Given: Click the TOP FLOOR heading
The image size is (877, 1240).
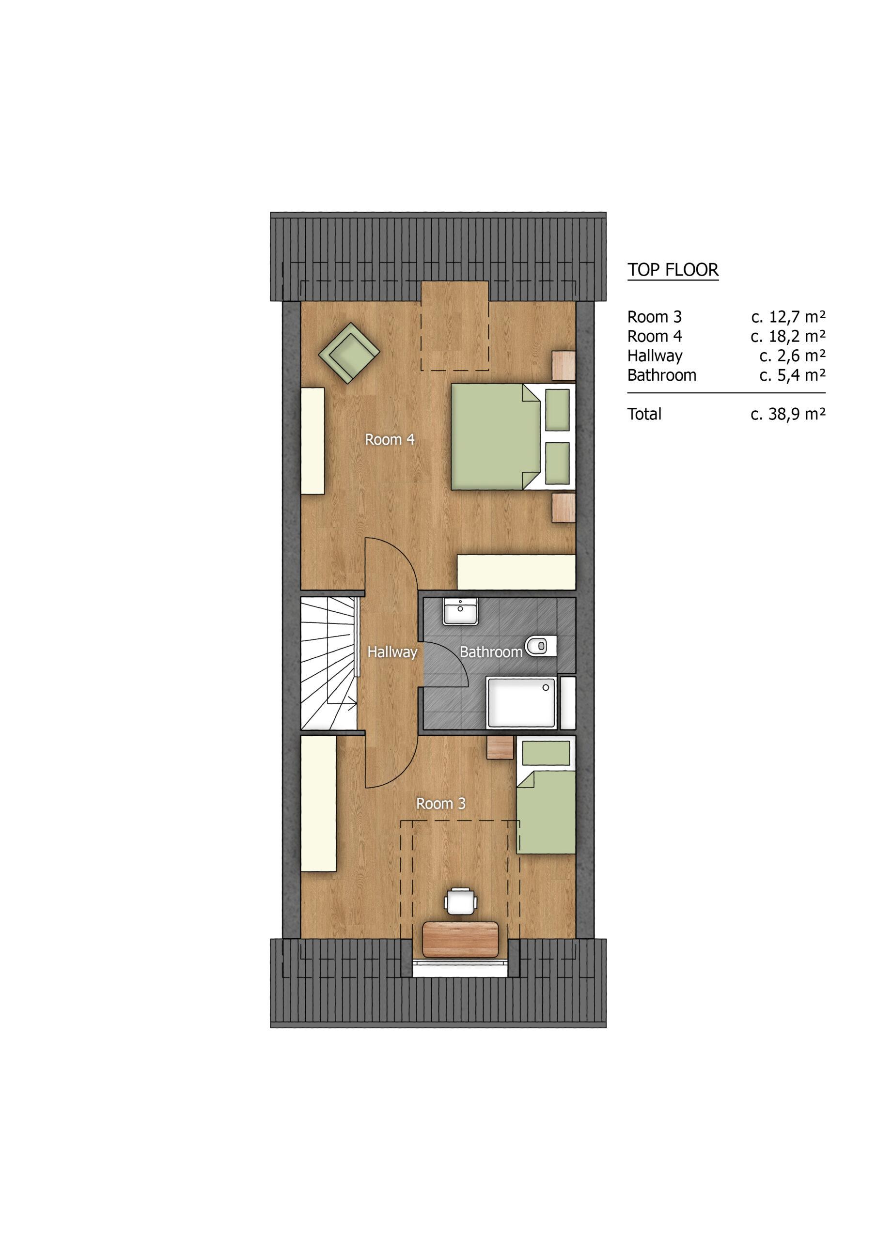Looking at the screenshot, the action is tap(673, 269).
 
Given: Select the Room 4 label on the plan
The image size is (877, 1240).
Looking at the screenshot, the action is tap(390, 440).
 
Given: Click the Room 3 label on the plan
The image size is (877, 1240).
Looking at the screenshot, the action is tap(440, 804).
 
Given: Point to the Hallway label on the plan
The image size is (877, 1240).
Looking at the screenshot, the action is tap(392, 652).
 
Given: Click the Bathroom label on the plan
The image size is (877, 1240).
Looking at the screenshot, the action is tap(491, 652).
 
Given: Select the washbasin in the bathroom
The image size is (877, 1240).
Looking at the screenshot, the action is tap(460, 611).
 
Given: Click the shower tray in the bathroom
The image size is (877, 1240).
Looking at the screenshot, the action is tap(521, 701).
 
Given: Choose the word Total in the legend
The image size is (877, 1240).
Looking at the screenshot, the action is tap(644, 414).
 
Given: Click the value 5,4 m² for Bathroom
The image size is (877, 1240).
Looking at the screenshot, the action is tap(793, 375).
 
